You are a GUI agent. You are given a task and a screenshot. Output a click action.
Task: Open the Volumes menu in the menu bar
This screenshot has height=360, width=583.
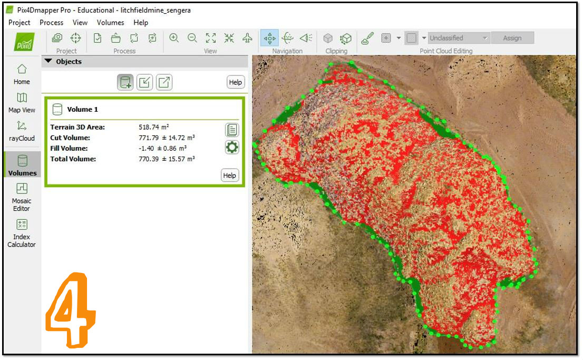pyautogui.click(x=110, y=23)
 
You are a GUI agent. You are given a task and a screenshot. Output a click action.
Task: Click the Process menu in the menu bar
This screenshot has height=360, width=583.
pyautogui.click(x=51, y=23)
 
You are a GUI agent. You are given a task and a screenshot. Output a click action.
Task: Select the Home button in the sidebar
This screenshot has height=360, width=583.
pyautogui.click(x=22, y=74)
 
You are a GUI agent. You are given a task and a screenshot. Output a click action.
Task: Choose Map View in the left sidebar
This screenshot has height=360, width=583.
pyautogui.click(x=22, y=103)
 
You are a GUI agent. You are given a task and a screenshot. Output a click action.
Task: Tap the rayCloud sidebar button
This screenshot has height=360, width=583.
pyautogui.click(x=22, y=131)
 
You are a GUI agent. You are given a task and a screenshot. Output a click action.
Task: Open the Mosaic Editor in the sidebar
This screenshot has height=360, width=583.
pyautogui.click(x=22, y=196)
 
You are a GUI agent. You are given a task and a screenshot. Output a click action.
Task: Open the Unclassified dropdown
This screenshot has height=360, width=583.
pyautogui.click(x=459, y=38)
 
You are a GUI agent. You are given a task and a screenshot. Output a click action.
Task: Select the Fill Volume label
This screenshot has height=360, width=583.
pyautogui.click(x=69, y=148)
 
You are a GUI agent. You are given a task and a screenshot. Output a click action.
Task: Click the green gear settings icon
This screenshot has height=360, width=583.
pyautogui.click(x=231, y=147)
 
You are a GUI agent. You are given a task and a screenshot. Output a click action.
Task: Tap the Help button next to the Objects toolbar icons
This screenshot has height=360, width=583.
pyautogui.click(x=236, y=82)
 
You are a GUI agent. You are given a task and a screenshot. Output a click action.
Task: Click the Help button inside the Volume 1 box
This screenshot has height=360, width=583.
pyautogui.click(x=230, y=176)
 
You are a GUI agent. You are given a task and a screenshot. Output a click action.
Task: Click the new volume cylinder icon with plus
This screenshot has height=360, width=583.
pyautogui.click(x=125, y=82)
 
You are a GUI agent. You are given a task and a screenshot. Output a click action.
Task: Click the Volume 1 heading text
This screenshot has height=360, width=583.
pyautogui.click(x=82, y=110)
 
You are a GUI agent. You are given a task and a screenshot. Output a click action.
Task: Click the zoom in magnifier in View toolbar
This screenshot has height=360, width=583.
pyautogui.click(x=174, y=38)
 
